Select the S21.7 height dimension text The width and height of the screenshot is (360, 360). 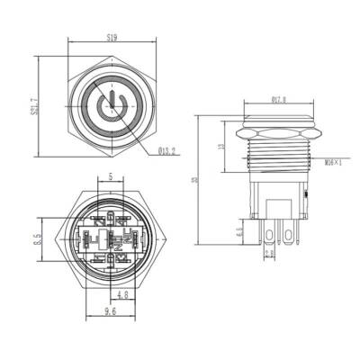(34, 109)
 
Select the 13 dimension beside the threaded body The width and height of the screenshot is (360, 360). (221, 149)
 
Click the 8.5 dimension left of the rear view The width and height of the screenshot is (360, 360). (34, 239)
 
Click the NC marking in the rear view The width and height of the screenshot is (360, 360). (112, 239)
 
